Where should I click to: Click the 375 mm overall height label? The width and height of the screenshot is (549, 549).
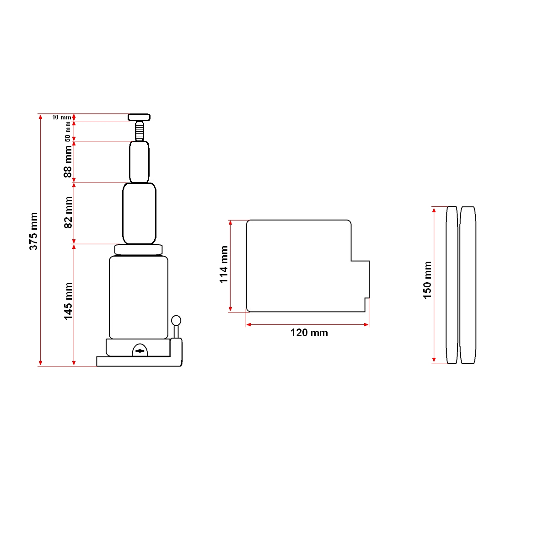[33, 231]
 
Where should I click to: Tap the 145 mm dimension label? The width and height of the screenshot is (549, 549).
[68, 301]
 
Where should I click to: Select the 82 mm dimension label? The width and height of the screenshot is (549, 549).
[68, 212]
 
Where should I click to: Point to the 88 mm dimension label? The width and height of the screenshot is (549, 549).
[68, 161]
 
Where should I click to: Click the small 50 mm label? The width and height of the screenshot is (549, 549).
[68, 131]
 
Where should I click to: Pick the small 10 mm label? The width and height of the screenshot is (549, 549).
[61, 118]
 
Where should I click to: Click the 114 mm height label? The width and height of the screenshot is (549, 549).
[224, 264]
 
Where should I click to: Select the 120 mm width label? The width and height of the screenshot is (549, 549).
[309, 333]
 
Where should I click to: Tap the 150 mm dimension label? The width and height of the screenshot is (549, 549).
[427, 280]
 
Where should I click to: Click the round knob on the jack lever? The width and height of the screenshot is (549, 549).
[176, 320]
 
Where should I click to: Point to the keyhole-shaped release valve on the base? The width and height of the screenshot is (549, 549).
[140, 350]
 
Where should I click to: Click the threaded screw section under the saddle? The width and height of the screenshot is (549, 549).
[139, 131]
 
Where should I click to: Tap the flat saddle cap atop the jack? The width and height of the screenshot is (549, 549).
[139, 117]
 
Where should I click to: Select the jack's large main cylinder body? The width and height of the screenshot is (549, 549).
[139, 297]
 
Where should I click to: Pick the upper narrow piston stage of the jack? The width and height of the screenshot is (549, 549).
[139, 162]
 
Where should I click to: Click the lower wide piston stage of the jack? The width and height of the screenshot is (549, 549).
[139, 213]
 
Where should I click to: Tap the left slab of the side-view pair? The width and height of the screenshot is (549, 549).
[452, 285]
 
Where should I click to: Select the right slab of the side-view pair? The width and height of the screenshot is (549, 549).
[468, 285]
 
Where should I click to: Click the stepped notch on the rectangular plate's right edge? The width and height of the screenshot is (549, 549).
[361, 279]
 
